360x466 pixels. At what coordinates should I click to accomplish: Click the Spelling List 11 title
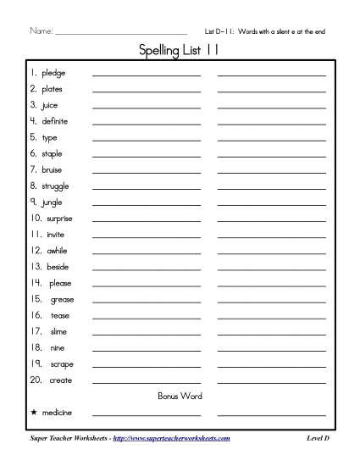(180, 53)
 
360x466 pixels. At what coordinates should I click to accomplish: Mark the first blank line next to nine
(147, 350)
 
